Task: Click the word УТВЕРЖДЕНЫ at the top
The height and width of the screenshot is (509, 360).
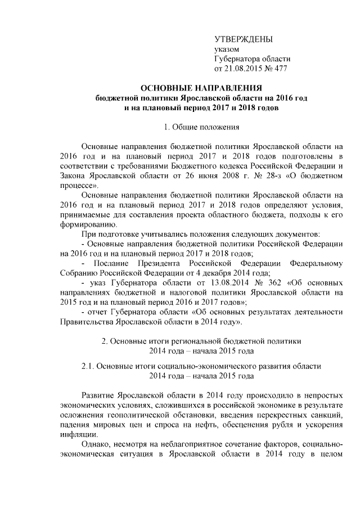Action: [x=244, y=39]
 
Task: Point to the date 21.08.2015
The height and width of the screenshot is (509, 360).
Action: [x=244, y=69]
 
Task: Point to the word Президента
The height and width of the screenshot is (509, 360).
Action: [x=173, y=263]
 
